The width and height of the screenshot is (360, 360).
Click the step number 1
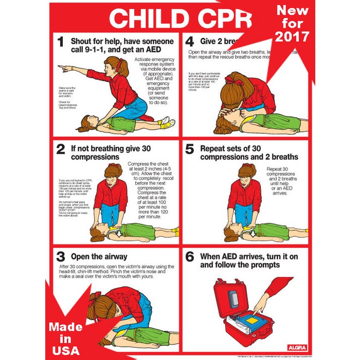61,43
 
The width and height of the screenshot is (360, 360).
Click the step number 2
61,150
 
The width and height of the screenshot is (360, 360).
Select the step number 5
189,150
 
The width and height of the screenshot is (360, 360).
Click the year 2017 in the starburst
292,37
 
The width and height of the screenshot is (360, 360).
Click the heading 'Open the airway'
100,257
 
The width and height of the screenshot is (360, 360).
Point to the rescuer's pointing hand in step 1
62,67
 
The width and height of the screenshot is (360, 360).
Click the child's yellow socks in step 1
166,123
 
